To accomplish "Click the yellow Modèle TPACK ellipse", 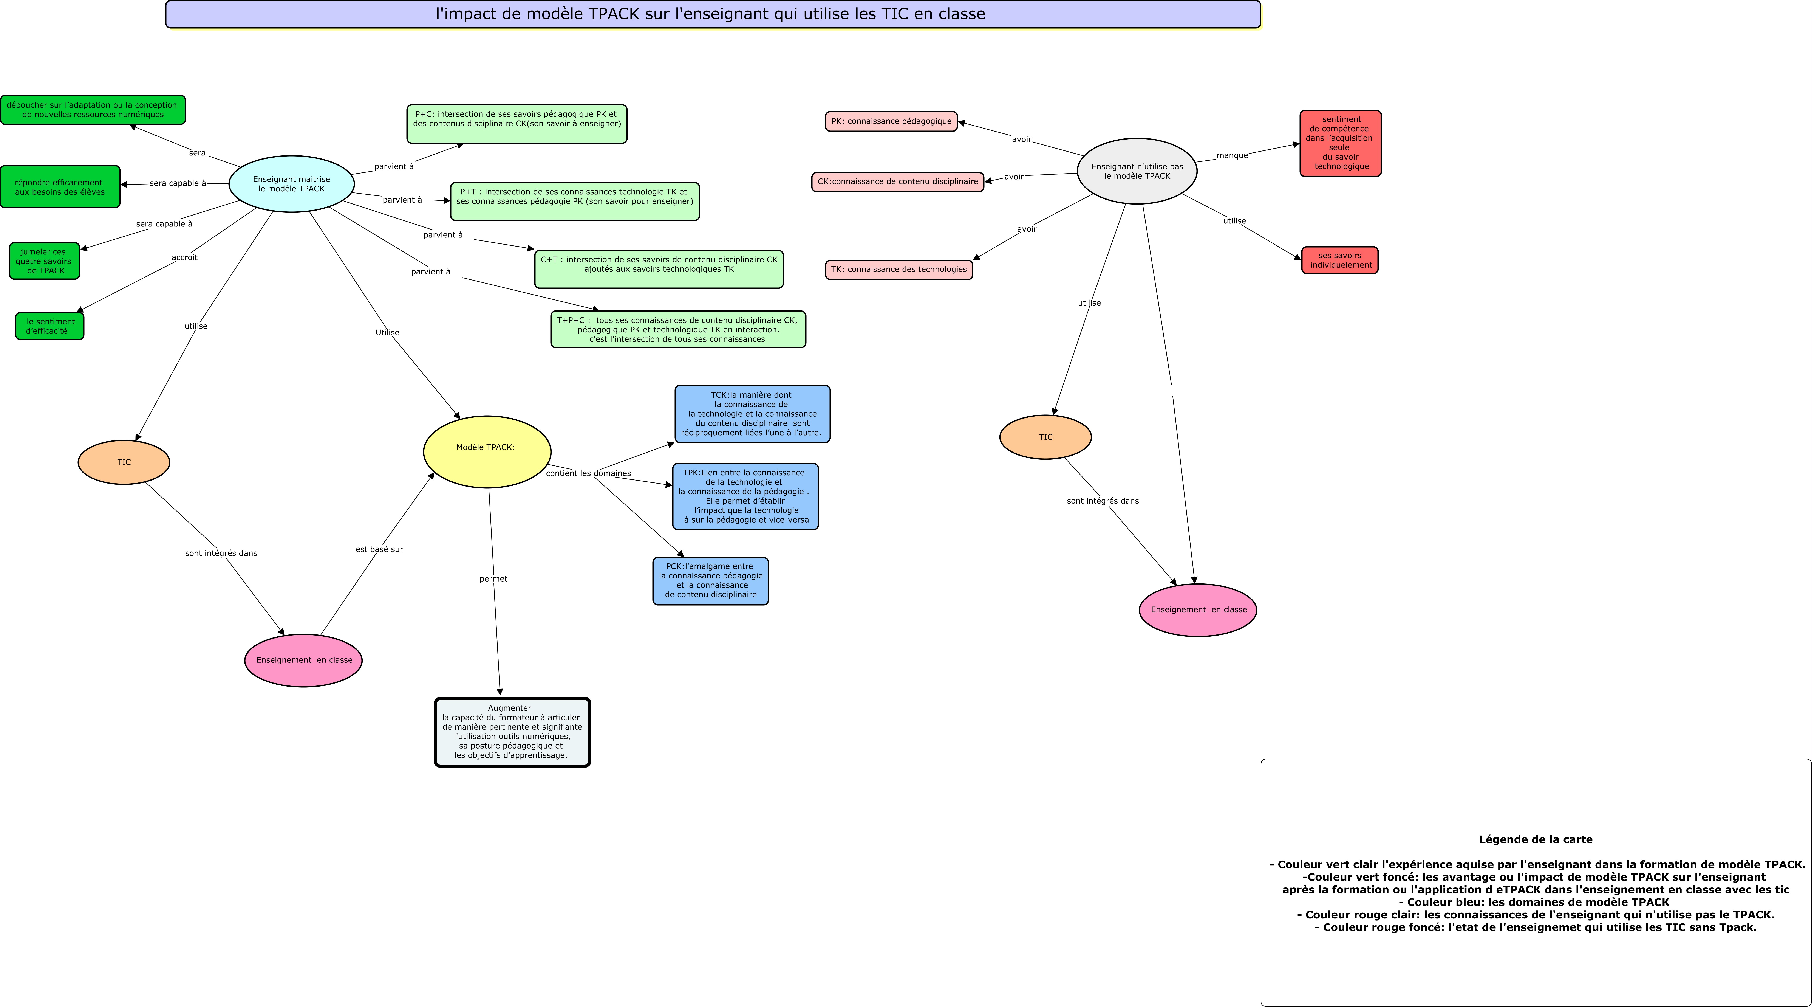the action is coord(487,451).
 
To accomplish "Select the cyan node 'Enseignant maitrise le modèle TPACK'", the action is coord(292,184).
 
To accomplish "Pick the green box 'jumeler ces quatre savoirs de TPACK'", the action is coord(44,261).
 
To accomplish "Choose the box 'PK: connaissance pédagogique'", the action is coord(891,121).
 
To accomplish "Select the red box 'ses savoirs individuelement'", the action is coord(1339,260).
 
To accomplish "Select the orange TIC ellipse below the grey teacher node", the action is coord(1045,437).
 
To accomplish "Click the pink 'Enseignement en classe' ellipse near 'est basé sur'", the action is coord(303,660).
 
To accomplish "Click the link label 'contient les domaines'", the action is coord(588,473).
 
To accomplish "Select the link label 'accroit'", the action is coord(184,257).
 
